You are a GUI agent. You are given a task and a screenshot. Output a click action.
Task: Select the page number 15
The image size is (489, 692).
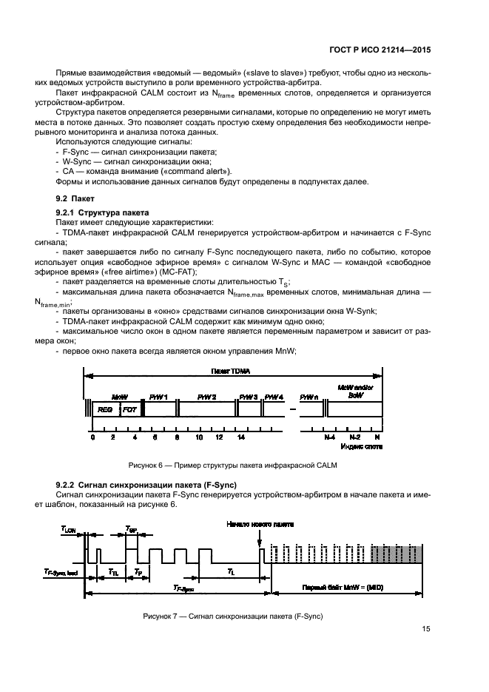tap(426, 629)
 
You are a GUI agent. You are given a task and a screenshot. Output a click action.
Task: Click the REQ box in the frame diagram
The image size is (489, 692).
tap(104, 409)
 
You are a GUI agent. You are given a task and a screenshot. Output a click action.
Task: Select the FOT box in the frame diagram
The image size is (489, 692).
tap(129, 409)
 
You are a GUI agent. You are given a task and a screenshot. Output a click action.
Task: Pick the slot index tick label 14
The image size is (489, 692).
tap(240, 437)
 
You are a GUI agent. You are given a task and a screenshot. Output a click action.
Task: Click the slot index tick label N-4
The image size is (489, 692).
tap(330, 437)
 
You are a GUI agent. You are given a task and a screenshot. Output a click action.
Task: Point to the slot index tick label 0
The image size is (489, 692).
tap(92, 437)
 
